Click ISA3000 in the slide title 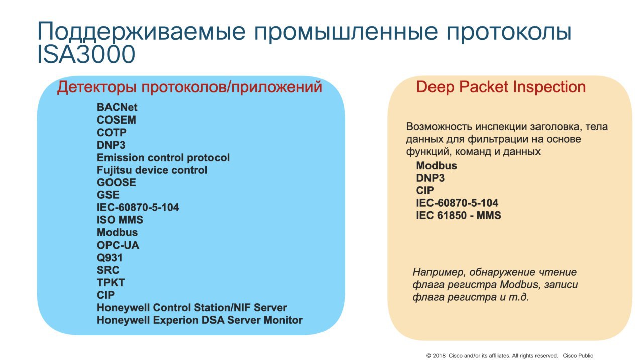(x=86, y=54)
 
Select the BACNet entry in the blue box (x=117, y=107)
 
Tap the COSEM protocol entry (x=117, y=120)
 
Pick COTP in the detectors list (x=112, y=132)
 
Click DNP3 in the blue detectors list (x=111, y=145)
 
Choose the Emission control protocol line (x=163, y=158)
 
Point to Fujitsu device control (x=152, y=170)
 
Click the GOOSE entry (x=117, y=182)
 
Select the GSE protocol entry (x=108, y=195)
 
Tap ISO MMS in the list (x=120, y=220)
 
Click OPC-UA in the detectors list (x=118, y=245)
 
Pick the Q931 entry (x=110, y=258)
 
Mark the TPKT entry (x=111, y=283)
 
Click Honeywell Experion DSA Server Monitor (x=200, y=320)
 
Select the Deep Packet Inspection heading (x=501, y=87)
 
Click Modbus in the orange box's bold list (x=437, y=166)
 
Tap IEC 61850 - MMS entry (x=459, y=215)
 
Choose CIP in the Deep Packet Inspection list (x=425, y=190)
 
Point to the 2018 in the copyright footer (x=439, y=356)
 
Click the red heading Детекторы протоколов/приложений (x=190, y=87)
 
